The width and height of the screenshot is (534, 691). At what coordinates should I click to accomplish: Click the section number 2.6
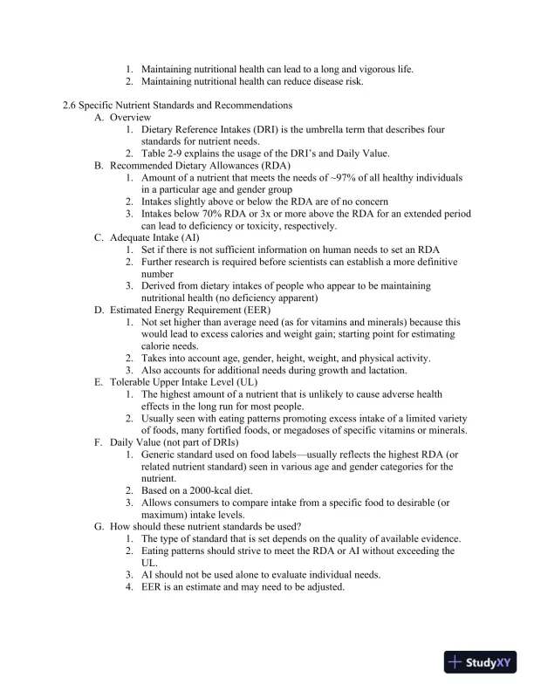[x=71, y=106]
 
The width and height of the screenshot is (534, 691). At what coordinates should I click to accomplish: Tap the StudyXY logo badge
[x=482, y=662]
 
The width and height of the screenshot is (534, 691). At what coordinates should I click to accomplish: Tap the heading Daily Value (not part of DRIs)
[x=174, y=442]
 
